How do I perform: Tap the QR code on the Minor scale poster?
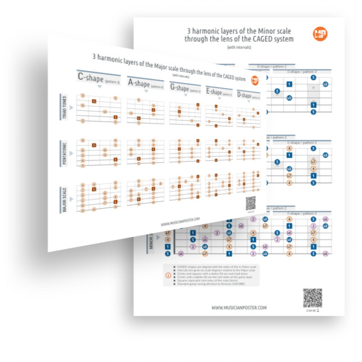pyautogui.click(x=311, y=297)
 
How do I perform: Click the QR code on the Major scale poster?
pyautogui.click(x=251, y=203)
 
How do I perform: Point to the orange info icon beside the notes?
pyautogui.click(x=167, y=275)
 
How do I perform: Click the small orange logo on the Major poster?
pyautogui.click(x=254, y=79)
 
